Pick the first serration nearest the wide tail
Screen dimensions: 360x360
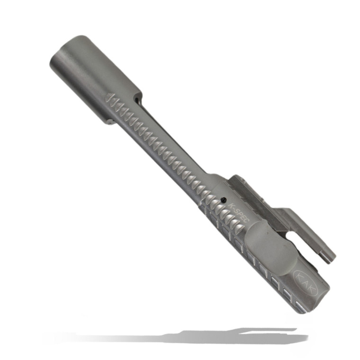click(x=110, y=98)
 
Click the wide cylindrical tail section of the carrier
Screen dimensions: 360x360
click(x=95, y=76)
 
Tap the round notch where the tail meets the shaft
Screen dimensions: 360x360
click(x=137, y=101)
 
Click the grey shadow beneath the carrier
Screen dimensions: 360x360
click(x=189, y=336)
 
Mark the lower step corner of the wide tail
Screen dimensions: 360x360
click(x=109, y=122)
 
